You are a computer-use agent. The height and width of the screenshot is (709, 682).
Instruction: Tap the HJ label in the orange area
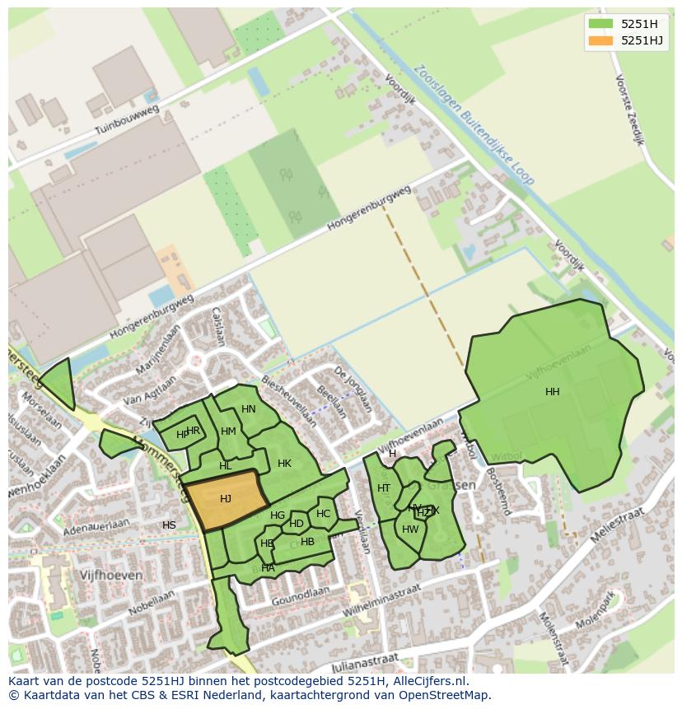[x=226, y=499]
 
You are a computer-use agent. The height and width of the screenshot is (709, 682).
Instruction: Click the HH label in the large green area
[x=552, y=392]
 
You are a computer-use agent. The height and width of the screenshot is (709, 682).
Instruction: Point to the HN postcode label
[x=249, y=409]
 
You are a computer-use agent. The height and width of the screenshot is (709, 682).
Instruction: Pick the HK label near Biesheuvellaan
[x=284, y=464]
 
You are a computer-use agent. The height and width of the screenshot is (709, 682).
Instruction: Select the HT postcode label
[x=384, y=488]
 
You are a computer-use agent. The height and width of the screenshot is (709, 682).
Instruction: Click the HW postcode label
[x=410, y=529]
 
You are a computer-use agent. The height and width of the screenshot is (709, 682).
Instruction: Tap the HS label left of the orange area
[x=169, y=525]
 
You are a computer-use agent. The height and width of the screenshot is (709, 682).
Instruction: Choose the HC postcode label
[x=323, y=514]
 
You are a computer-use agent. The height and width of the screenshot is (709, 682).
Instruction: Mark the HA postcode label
[x=268, y=568]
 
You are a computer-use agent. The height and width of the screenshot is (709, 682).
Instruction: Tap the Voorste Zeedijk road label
[x=629, y=109]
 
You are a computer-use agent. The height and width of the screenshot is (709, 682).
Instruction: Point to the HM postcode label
[x=228, y=431]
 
